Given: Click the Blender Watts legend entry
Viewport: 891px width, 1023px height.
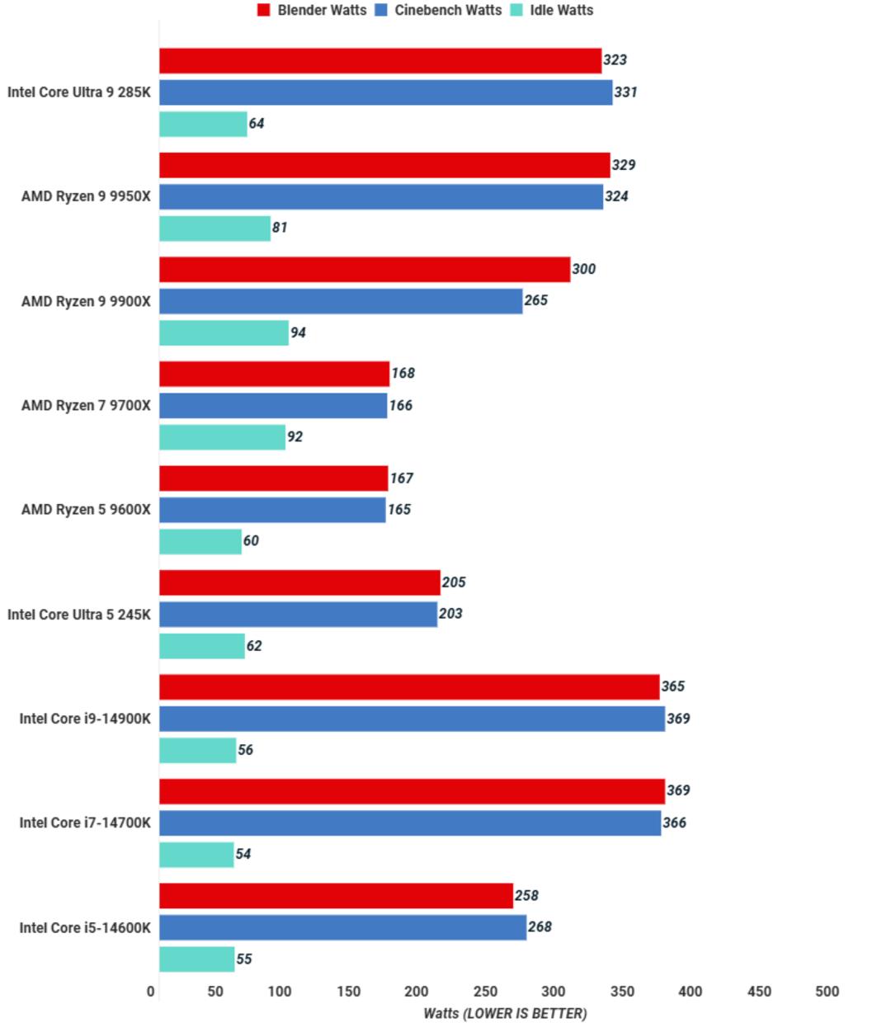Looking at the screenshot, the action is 312,10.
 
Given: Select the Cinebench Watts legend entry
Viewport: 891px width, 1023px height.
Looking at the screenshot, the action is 437,10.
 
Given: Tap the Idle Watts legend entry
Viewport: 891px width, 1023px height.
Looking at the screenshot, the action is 551,10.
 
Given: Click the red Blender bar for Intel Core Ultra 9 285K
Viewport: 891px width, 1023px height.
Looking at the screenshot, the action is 380,60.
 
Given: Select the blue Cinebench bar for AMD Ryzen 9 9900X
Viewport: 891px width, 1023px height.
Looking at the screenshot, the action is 341,301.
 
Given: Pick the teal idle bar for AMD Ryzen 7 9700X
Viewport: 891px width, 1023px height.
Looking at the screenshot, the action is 223,437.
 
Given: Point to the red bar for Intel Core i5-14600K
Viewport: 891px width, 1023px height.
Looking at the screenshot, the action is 336,895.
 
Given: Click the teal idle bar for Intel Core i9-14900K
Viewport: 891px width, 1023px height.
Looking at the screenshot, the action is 197,750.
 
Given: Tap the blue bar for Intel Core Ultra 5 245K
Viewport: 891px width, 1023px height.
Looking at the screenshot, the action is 299,614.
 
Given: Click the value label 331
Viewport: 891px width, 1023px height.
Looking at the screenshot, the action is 625,92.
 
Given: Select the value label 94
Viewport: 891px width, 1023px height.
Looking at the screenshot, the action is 298,332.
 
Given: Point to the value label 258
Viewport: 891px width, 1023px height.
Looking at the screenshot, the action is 526,895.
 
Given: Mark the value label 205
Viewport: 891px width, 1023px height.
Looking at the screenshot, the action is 454,582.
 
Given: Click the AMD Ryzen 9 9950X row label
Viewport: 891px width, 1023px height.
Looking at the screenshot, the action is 86,196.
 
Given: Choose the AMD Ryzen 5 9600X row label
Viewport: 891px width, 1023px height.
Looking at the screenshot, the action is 86,510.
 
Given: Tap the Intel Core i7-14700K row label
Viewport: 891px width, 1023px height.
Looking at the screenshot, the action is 85,823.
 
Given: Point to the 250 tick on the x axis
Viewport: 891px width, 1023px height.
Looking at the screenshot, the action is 485,991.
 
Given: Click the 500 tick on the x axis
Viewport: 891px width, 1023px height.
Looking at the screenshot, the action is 827,991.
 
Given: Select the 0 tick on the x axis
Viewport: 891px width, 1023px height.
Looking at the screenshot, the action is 150,991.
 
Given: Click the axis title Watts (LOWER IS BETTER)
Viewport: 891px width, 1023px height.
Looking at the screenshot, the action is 505,1013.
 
